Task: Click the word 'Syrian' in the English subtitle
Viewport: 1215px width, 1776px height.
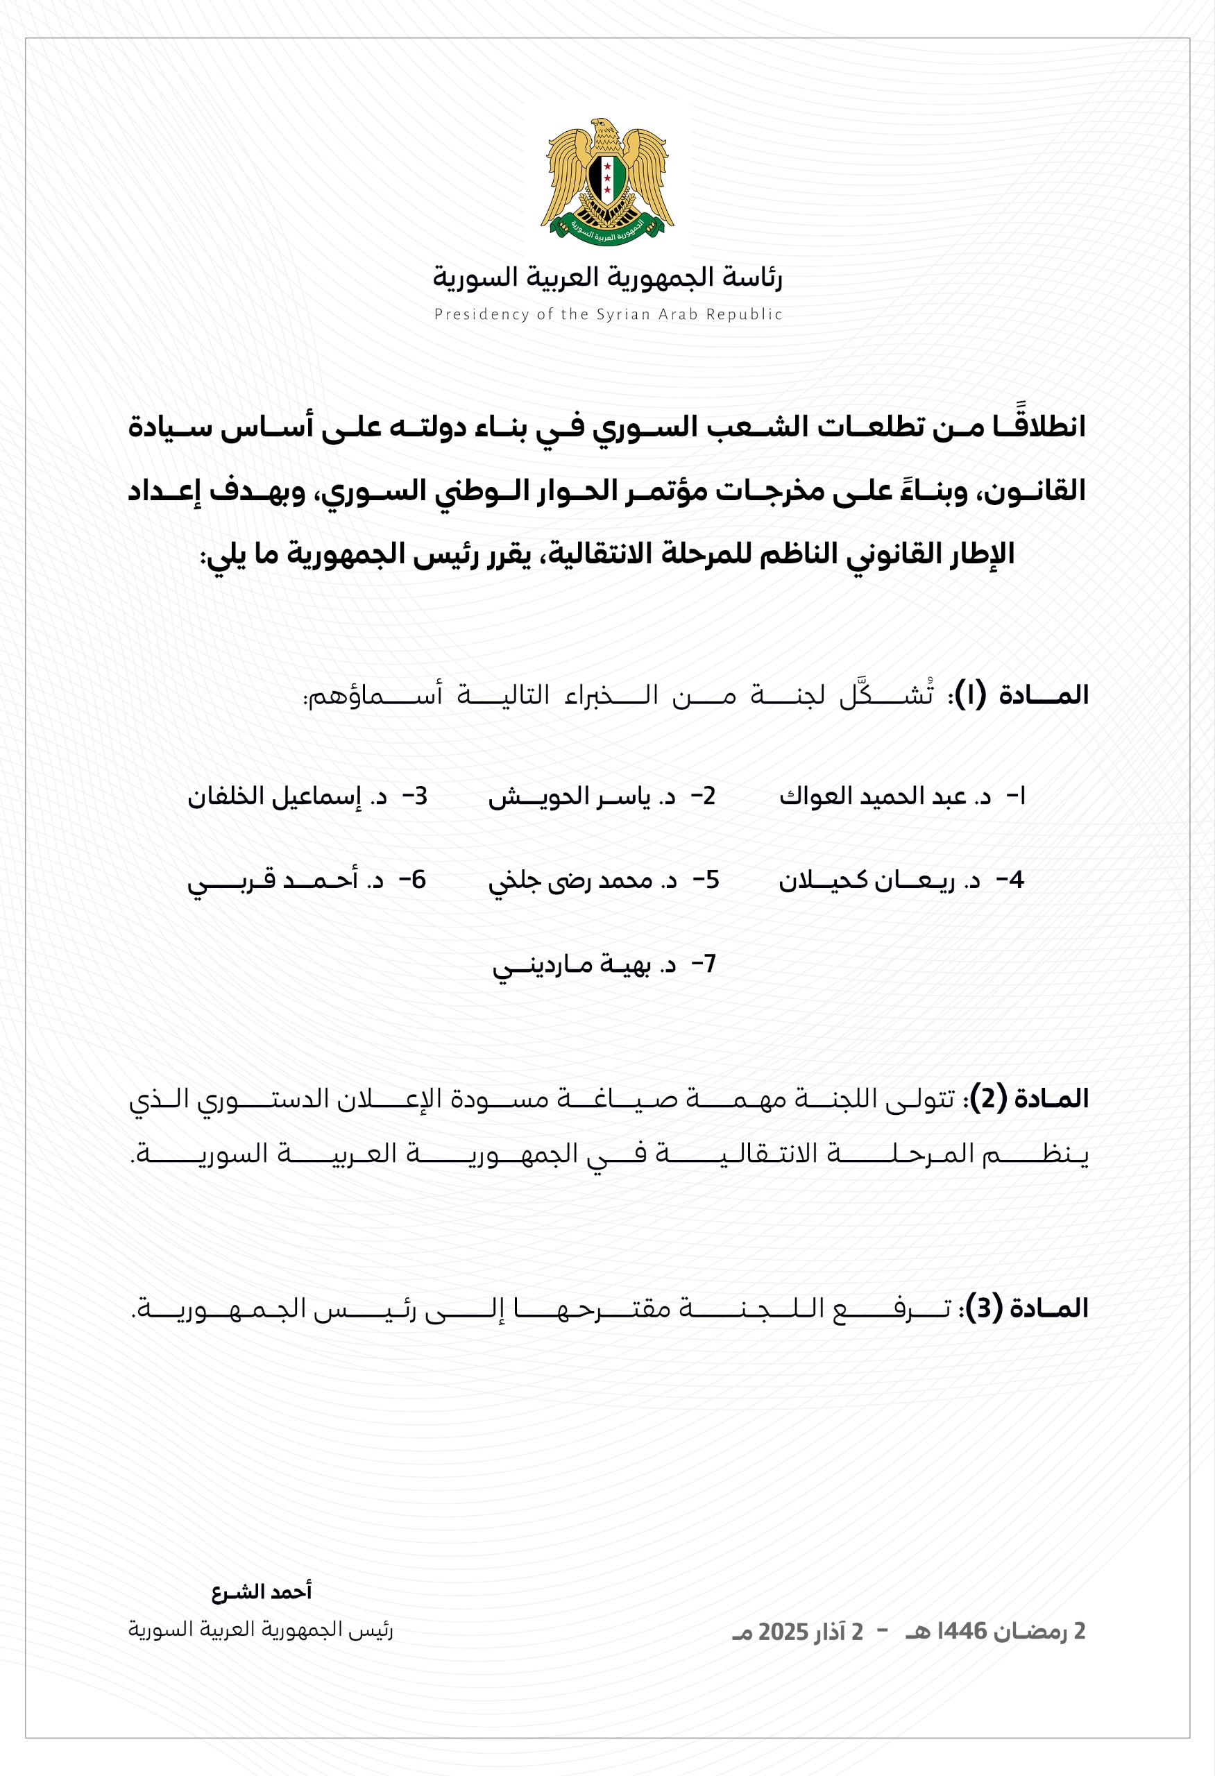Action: click(625, 314)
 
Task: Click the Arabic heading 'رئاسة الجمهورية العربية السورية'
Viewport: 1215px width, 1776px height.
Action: click(608, 277)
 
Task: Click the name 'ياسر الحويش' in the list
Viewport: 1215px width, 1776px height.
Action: click(569, 797)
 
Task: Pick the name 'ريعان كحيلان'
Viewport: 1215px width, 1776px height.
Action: click(866, 880)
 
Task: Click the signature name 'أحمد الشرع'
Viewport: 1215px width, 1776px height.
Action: click(262, 1591)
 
